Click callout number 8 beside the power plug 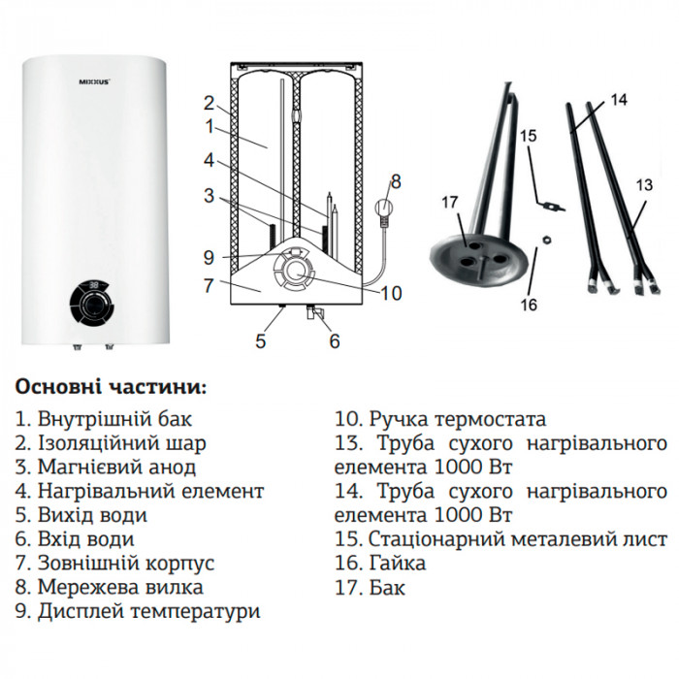pyautogui.click(x=395, y=179)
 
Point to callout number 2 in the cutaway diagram pyautogui.click(x=209, y=102)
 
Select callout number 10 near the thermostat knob pyautogui.click(x=391, y=292)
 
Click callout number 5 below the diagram pyautogui.click(x=260, y=339)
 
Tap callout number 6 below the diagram pyautogui.click(x=335, y=339)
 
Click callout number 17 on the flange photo pyautogui.click(x=448, y=202)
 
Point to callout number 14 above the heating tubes pyautogui.click(x=621, y=99)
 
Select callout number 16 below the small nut pyautogui.click(x=529, y=305)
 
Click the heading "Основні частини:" pyautogui.click(x=111, y=387)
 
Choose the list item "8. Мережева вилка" pyautogui.click(x=110, y=587)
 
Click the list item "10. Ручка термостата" pyautogui.click(x=440, y=420)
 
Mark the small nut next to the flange pyautogui.click(x=547, y=237)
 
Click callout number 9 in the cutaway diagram pyautogui.click(x=209, y=258)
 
